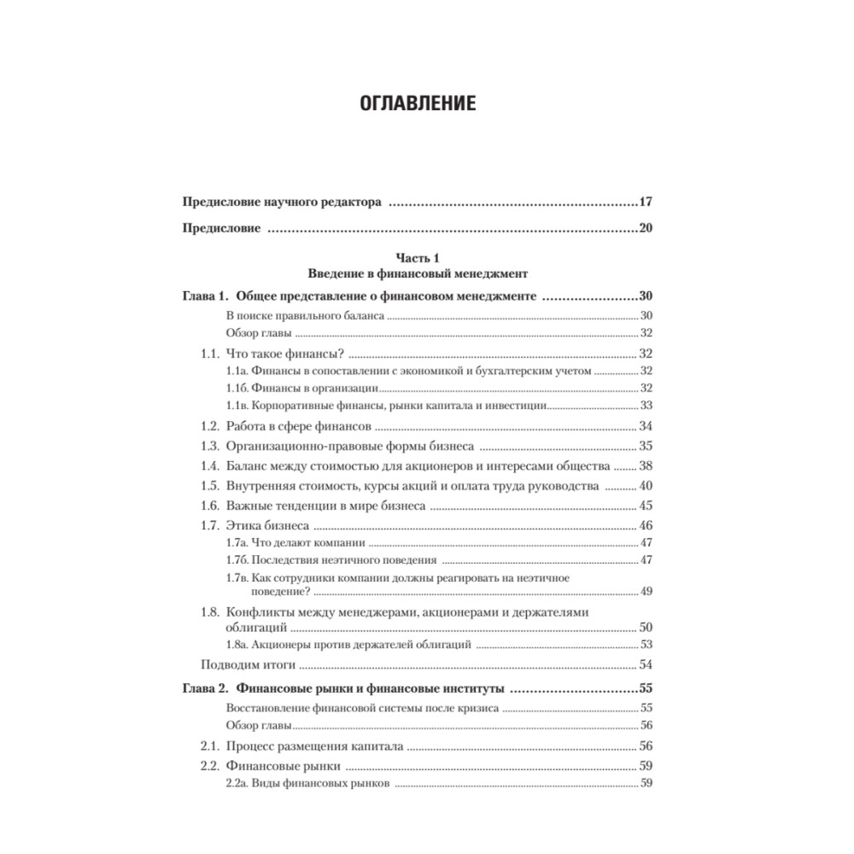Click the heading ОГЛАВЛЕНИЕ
point(418,105)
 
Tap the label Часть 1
point(418,258)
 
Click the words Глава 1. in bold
point(206,296)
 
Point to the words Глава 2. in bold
point(206,687)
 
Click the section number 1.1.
point(210,354)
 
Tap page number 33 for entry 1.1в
point(646,405)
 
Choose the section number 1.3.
point(210,446)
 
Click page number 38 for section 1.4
point(646,466)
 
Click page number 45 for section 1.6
point(646,506)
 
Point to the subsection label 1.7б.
point(237,560)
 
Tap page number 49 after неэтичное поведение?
point(646,592)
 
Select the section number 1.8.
point(210,612)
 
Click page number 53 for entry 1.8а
point(646,645)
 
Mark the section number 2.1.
point(210,745)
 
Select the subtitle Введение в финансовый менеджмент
point(418,275)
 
